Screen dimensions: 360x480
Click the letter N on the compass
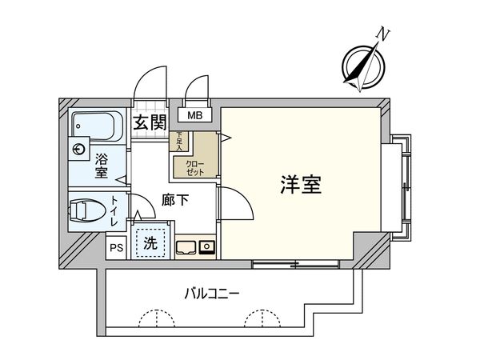[x=385, y=34]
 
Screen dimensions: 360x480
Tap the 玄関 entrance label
[x=149, y=122]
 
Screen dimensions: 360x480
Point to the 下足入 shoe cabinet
[x=180, y=142]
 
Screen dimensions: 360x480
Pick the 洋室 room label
[x=301, y=185]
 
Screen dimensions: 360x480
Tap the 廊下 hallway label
[x=175, y=201]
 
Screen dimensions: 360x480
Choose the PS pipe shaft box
[x=116, y=249]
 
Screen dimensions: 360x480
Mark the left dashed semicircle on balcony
[x=156, y=319]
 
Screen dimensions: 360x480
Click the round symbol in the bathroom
[x=78, y=150]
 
